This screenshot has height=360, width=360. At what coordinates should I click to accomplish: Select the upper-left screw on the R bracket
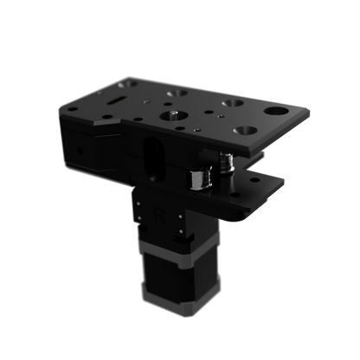(x=138, y=196)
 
